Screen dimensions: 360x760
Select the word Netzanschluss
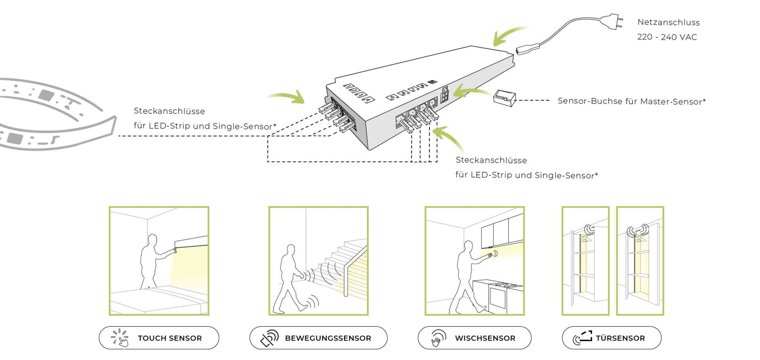click(x=668, y=23)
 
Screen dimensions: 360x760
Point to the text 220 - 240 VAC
click(x=667, y=37)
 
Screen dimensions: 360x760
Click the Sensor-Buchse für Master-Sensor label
click(x=631, y=101)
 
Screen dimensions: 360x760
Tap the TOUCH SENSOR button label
click(x=169, y=338)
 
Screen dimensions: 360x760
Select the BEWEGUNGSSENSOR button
click(x=318, y=338)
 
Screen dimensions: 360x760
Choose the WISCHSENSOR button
click(x=474, y=338)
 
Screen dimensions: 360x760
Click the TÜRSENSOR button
click(x=612, y=338)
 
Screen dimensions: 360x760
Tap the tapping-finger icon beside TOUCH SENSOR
click(x=120, y=338)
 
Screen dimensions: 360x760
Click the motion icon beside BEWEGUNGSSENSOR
click(x=269, y=338)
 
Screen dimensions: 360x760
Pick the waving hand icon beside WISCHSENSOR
click(x=438, y=338)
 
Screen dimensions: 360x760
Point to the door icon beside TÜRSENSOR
click(x=582, y=337)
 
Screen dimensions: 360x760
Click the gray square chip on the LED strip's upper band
click(x=46, y=95)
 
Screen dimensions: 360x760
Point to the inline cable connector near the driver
click(x=528, y=49)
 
